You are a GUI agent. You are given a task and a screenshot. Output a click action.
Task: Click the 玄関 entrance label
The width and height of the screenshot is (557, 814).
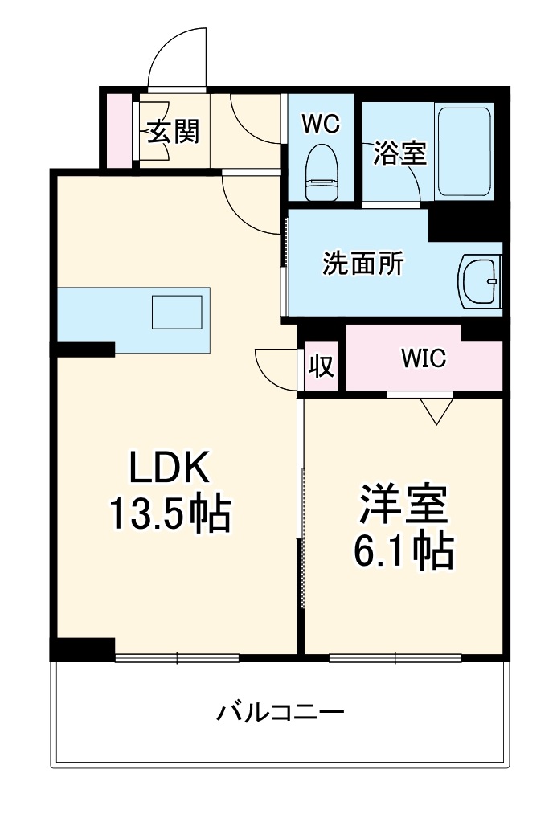click(173, 131)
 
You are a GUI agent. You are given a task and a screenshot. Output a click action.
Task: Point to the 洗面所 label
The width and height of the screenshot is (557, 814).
click(363, 264)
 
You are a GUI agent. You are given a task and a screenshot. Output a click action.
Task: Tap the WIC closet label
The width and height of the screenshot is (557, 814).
click(424, 358)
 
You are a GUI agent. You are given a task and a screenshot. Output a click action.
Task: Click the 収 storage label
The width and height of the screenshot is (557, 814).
click(321, 366)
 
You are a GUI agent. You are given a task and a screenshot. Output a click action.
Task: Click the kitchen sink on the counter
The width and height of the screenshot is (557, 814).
click(177, 312)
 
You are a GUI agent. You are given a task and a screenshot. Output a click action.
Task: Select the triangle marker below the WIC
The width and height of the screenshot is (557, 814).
click(436, 412)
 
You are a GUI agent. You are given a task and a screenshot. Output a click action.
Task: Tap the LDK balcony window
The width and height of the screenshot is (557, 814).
click(177, 659)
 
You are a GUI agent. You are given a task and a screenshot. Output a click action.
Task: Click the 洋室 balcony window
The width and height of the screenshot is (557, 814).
click(395, 659)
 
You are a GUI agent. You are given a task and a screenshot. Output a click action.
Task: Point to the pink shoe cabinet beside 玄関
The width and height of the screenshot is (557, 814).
click(119, 131)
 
